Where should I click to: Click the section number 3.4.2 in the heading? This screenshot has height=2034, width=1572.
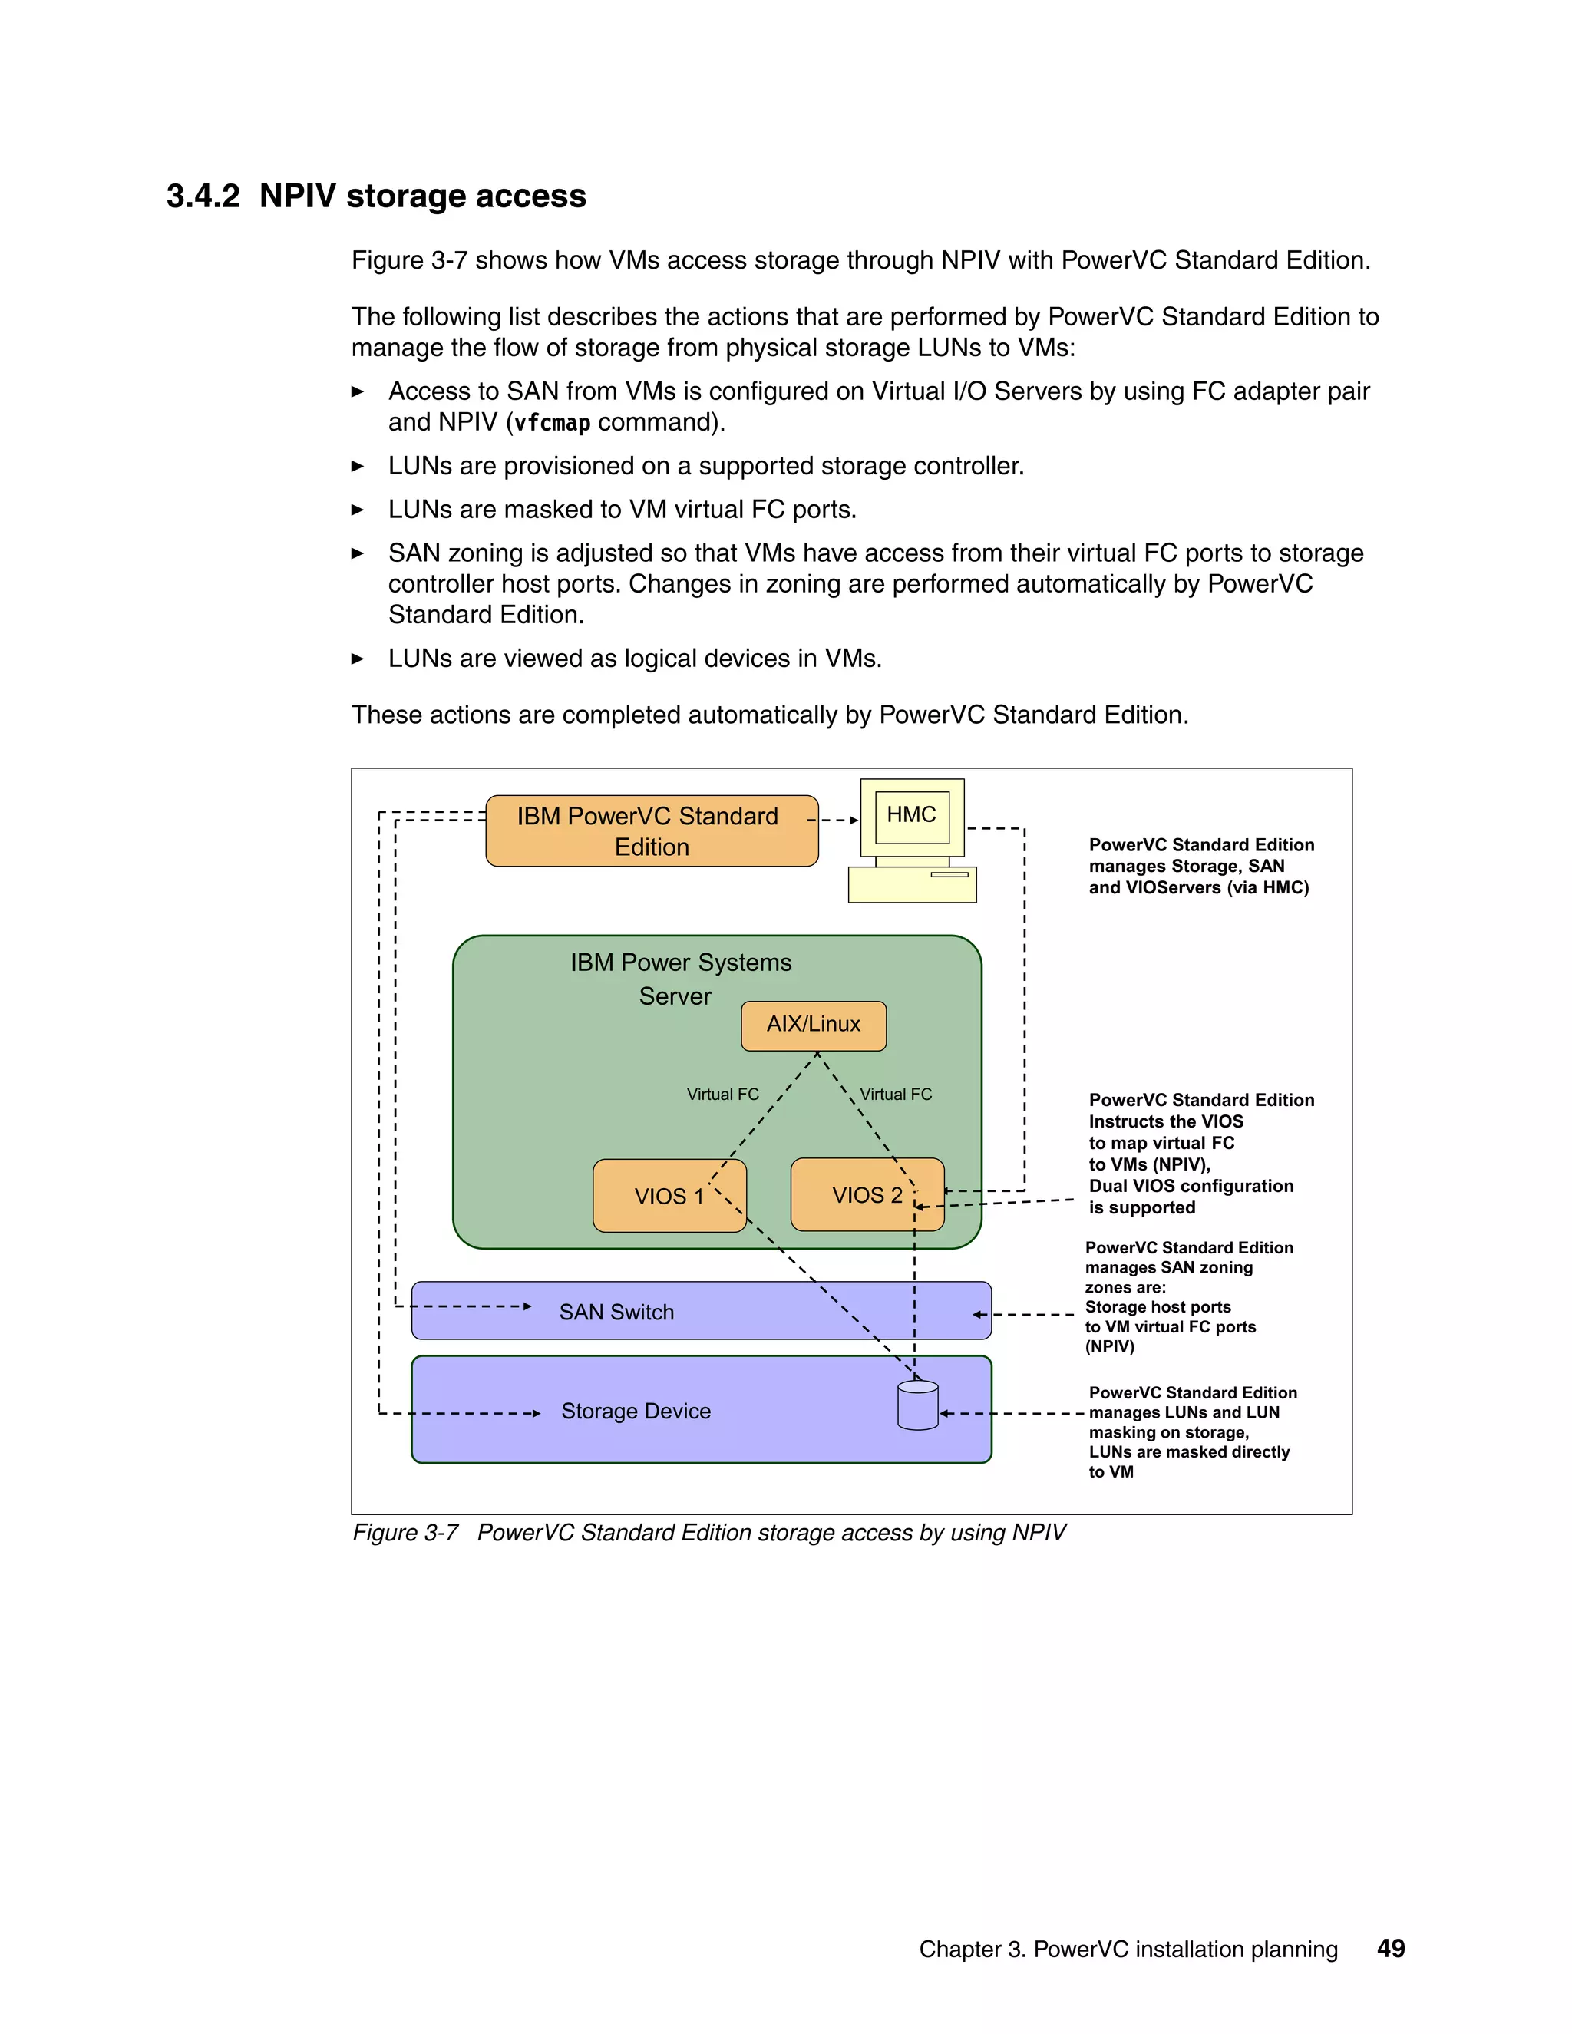(203, 196)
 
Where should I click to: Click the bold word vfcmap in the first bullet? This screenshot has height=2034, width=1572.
(552, 423)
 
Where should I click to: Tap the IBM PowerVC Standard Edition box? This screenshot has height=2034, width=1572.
(651, 830)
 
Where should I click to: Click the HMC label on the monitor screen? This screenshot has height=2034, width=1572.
(911, 815)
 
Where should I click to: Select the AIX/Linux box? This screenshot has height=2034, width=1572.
(813, 1025)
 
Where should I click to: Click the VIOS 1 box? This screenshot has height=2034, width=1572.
(668, 1196)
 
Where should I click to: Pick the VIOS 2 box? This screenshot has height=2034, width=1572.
(866, 1195)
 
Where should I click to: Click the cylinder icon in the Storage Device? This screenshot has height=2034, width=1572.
(917, 1405)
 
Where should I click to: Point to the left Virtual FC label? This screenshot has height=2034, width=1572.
(722, 1095)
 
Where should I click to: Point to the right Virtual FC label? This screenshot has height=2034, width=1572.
(895, 1095)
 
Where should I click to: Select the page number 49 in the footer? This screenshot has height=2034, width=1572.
(1390, 1950)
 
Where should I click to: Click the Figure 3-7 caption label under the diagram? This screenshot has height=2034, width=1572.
(405, 1533)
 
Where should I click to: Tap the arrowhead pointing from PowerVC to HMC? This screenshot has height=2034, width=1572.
(853, 821)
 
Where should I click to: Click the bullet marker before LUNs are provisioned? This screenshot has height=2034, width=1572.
(358, 467)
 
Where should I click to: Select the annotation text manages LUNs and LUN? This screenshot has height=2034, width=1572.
(1184, 1413)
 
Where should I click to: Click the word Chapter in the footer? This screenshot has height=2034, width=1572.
(959, 1950)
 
